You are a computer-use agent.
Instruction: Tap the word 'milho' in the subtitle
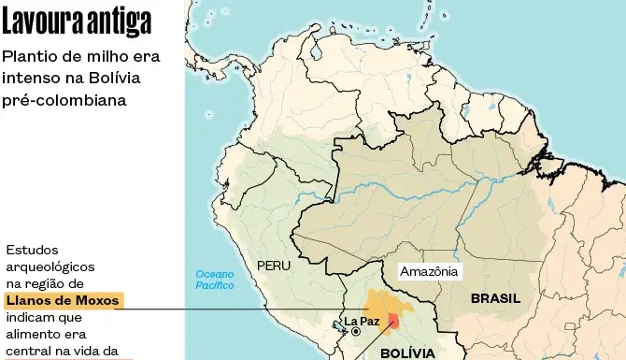100,56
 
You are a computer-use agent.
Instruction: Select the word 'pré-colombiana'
64,99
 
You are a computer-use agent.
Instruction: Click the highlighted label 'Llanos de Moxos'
63,300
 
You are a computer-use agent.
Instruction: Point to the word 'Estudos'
32,250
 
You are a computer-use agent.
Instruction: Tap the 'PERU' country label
274,266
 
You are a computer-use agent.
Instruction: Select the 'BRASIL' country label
495,299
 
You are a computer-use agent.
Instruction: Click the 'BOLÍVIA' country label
407,353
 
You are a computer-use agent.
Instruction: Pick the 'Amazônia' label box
429,272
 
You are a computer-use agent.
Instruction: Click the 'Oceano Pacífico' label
215,280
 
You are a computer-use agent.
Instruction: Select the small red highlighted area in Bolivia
393,323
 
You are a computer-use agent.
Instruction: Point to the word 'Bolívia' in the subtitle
130,78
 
